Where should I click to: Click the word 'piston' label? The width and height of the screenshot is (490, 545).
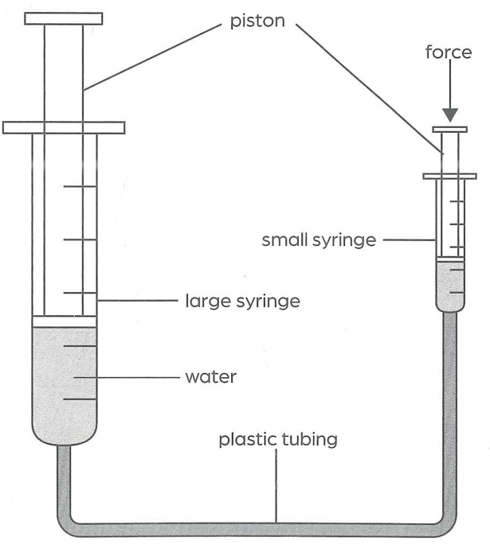point(257,21)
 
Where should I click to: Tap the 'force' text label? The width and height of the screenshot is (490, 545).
point(449,53)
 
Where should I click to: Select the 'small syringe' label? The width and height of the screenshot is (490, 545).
point(319,240)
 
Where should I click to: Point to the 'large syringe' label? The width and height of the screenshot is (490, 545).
point(242,301)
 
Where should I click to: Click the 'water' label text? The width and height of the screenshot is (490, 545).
point(211,377)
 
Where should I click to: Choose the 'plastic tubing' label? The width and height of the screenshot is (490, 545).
point(278,439)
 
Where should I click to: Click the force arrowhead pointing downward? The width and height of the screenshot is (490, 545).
point(450,115)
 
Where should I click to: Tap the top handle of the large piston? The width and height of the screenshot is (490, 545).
point(64,19)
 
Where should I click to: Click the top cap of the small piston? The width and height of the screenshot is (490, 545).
point(450,130)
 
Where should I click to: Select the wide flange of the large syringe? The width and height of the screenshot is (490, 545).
point(64,127)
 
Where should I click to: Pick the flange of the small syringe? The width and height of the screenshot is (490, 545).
point(449,176)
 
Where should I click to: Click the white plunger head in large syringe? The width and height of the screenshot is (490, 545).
point(64,321)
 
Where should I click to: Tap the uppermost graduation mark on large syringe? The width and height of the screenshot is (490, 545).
point(80,187)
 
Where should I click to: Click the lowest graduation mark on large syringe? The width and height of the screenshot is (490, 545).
point(80,399)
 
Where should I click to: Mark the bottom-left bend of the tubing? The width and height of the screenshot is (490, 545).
point(68,525)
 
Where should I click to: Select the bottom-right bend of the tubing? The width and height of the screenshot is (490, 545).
point(446,524)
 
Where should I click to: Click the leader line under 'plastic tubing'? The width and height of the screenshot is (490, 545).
point(276,486)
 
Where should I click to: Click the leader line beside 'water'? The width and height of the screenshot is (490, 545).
point(126,377)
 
